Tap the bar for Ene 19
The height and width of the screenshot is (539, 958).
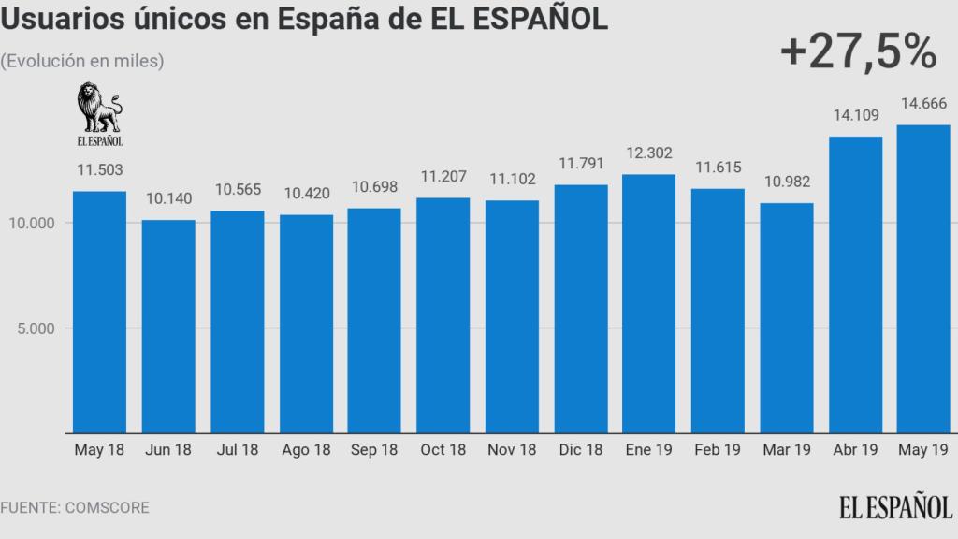[x=648, y=303]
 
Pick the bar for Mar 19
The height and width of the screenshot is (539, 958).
[x=786, y=317]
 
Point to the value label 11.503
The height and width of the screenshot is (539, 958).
[x=99, y=170]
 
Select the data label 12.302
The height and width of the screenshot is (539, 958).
[x=648, y=153]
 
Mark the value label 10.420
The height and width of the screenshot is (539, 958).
[x=306, y=194]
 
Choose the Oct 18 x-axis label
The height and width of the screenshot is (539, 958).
[x=443, y=450]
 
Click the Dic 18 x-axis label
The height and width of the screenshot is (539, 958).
[x=580, y=450]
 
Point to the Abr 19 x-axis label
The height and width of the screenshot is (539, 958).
[x=855, y=450]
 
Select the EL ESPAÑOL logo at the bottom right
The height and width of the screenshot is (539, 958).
[x=893, y=506]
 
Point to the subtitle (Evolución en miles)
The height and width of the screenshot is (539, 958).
[x=82, y=61]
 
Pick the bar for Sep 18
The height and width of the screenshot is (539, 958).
[x=374, y=320]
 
